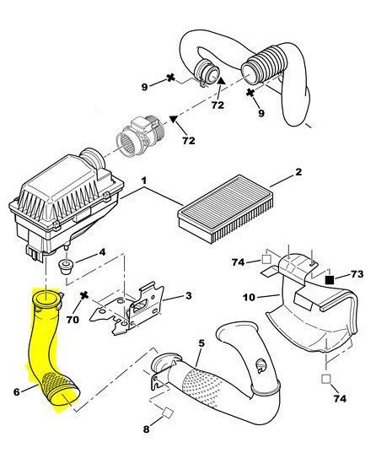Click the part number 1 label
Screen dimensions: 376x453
point(144,181)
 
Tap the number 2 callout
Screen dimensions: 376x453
point(298,172)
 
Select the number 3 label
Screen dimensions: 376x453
point(188,295)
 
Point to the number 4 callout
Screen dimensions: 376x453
point(102,252)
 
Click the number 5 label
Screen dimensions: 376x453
point(201,343)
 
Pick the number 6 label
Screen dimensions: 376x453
point(17,391)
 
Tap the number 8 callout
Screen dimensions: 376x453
point(147,429)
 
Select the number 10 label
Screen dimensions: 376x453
point(249,297)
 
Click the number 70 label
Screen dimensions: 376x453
point(73,320)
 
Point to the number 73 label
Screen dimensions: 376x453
point(357,273)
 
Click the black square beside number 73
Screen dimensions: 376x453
point(330,280)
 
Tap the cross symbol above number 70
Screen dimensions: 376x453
point(84,296)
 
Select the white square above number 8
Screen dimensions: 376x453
point(168,413)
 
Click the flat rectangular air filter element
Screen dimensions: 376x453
point(226,208)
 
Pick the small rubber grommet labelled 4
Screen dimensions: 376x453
point(66,267)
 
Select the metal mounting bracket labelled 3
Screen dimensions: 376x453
point(128,312)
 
